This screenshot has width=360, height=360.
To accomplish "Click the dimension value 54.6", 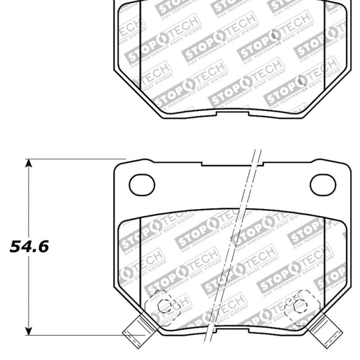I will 29,246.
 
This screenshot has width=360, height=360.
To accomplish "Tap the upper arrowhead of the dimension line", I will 29,163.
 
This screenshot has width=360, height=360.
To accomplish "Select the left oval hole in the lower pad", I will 142,184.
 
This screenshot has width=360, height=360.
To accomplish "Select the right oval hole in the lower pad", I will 323,184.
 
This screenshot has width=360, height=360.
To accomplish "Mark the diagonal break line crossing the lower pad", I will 234,247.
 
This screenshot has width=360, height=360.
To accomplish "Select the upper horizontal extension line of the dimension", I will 76,159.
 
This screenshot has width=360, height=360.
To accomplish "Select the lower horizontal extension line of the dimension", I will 76,335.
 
